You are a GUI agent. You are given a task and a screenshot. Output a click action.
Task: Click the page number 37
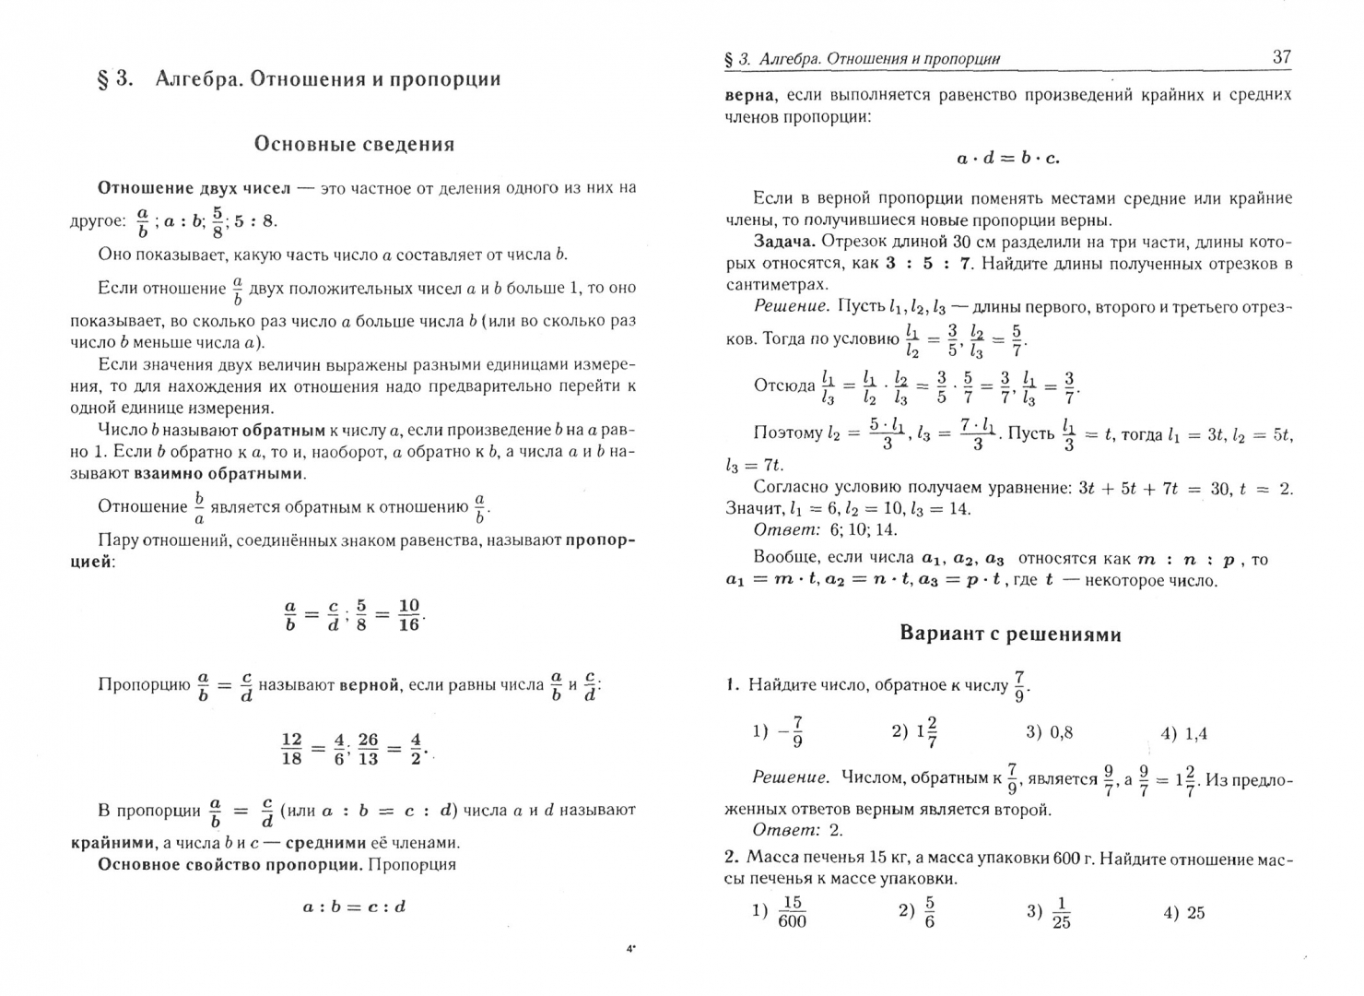[1281, 57]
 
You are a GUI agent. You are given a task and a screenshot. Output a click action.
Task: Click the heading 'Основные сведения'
[354, 144]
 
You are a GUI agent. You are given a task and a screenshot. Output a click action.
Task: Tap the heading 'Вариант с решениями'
[1009, 634]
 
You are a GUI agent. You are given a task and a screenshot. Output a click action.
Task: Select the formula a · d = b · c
[1008, 158]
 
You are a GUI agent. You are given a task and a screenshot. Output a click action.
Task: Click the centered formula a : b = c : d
[354, 907]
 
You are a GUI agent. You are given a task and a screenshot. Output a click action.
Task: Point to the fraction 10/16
[408, 615]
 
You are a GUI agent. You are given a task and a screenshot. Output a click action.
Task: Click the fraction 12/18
[291, 748]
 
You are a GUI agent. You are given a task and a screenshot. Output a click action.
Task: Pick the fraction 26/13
[368, 748]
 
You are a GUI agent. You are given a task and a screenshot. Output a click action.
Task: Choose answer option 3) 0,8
[1049, 732]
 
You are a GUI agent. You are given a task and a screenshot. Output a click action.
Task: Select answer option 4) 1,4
[1183, 734]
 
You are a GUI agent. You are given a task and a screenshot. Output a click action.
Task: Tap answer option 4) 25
[1183, 913]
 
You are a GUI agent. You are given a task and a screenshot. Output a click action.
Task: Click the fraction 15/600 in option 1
[791, 913]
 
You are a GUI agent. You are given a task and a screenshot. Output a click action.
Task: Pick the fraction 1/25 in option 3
[1061, 913]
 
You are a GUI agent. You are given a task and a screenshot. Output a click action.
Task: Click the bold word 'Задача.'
[784, 242]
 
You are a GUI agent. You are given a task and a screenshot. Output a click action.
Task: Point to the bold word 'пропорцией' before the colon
[92, 562]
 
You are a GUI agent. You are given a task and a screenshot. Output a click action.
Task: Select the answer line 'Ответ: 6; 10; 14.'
[825, 530]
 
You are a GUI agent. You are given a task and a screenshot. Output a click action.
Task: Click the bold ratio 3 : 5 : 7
[928, 264]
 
